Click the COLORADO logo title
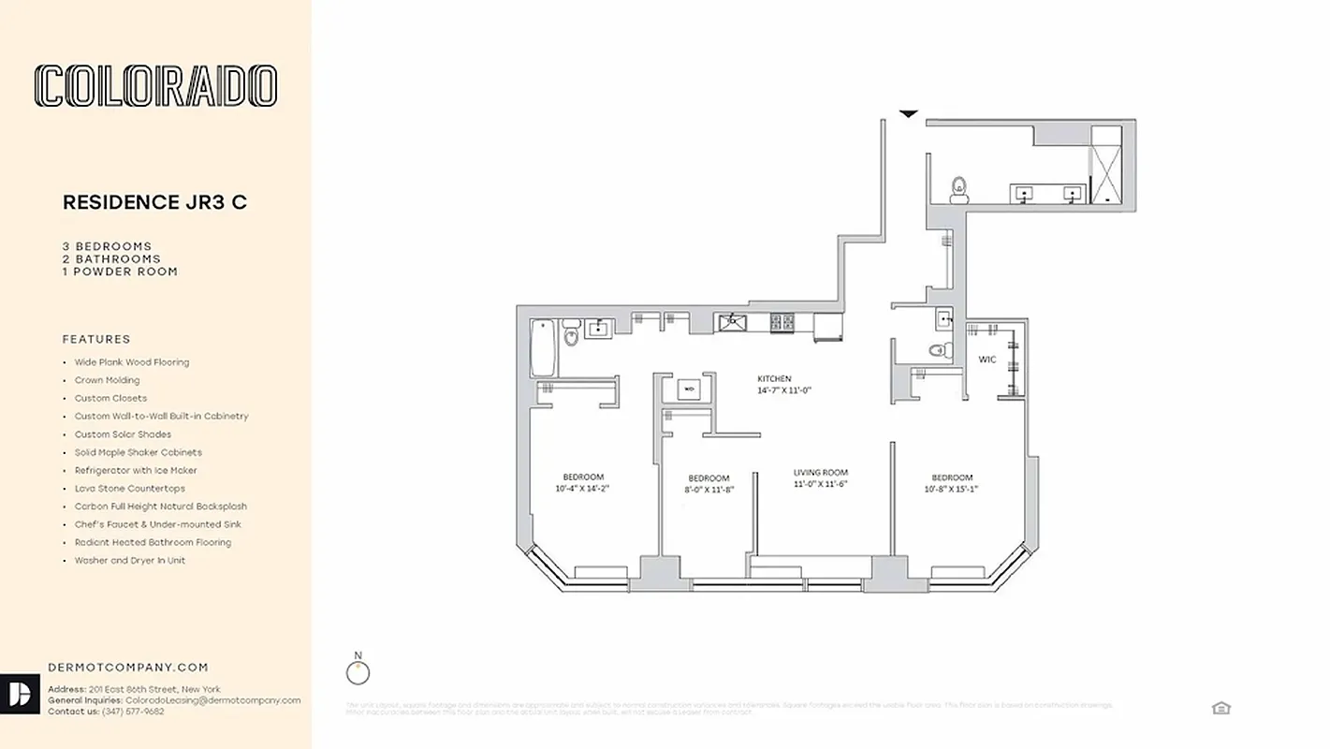[155, 86]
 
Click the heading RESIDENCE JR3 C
[154, 202]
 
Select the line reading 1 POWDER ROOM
[120, 272]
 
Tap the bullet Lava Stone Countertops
[129, 488]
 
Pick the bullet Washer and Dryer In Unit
[129, 560]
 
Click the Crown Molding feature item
[107, 380]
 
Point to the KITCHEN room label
[774, 378]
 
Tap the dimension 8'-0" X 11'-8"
[709, 489]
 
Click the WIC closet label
[987, 359]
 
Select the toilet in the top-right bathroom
[957, 190]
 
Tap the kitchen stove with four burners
[782, 323]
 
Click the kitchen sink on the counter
[733, 323]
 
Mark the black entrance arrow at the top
[908, 114]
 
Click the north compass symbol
[358, 672]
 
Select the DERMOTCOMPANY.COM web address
[127, 668]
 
